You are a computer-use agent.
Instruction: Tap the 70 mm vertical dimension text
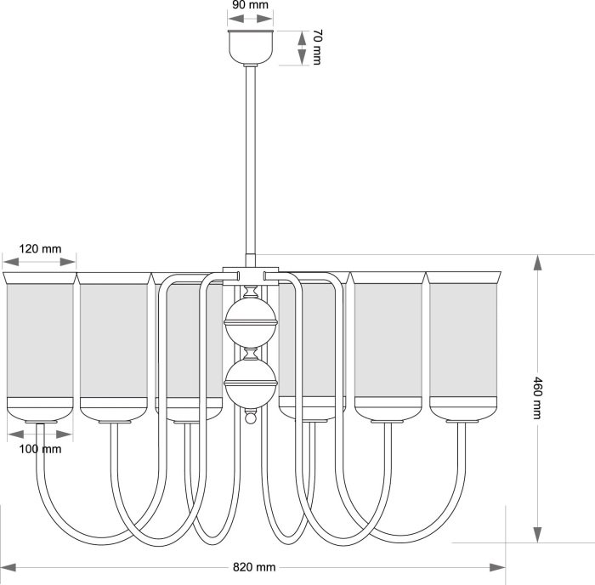pyautogui.click(x=317, y=48)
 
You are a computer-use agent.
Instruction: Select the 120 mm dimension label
pyautogui.click(x=40, y=249)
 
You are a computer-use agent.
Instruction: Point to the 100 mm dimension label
pyautogui.click(x=40, y=448)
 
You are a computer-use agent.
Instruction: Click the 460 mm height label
pyautogui.click(x=537, y=399)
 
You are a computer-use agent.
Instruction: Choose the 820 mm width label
pyautogui.click(x=253, y=567)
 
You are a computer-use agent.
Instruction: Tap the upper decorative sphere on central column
pyautogui.click(x=251, y=322)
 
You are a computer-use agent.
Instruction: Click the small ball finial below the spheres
pyautogui.click(x=251, y=419)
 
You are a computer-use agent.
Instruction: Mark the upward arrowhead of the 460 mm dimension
pyautogui.click(x=537, y=263)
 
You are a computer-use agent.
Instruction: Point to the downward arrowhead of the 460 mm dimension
pyautogui.click(x=537, y=534)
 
